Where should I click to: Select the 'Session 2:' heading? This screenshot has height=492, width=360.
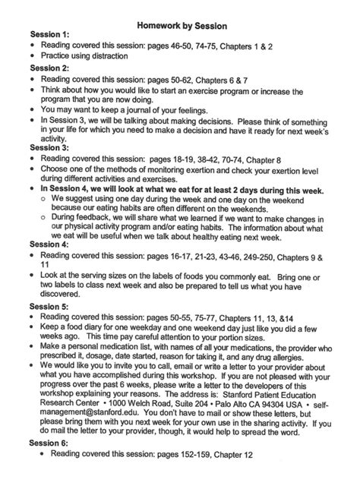point(49,68)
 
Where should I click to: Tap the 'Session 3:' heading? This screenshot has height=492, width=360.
point(49,147)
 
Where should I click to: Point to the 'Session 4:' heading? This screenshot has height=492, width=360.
point(49,245)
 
